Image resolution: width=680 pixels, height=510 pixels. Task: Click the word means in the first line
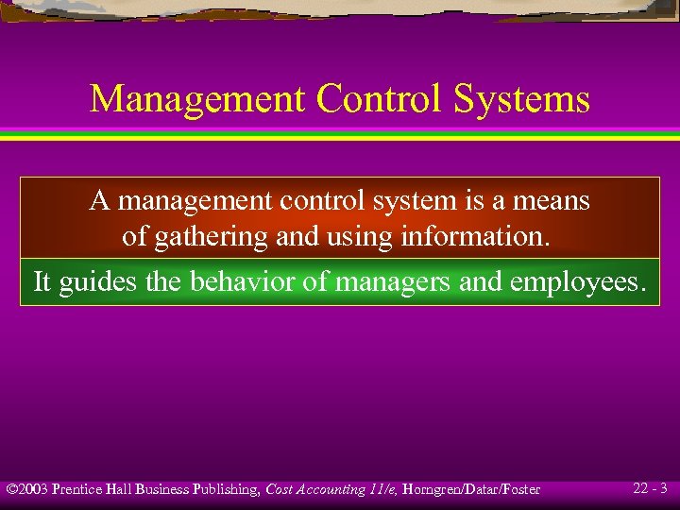[552, 201]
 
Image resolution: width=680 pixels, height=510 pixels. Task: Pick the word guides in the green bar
[93, 282]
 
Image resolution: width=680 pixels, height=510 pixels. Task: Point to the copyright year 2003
[34, 489]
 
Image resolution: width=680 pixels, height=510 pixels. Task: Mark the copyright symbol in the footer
[11, 489]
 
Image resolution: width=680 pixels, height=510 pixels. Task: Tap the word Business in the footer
[162, 489]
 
